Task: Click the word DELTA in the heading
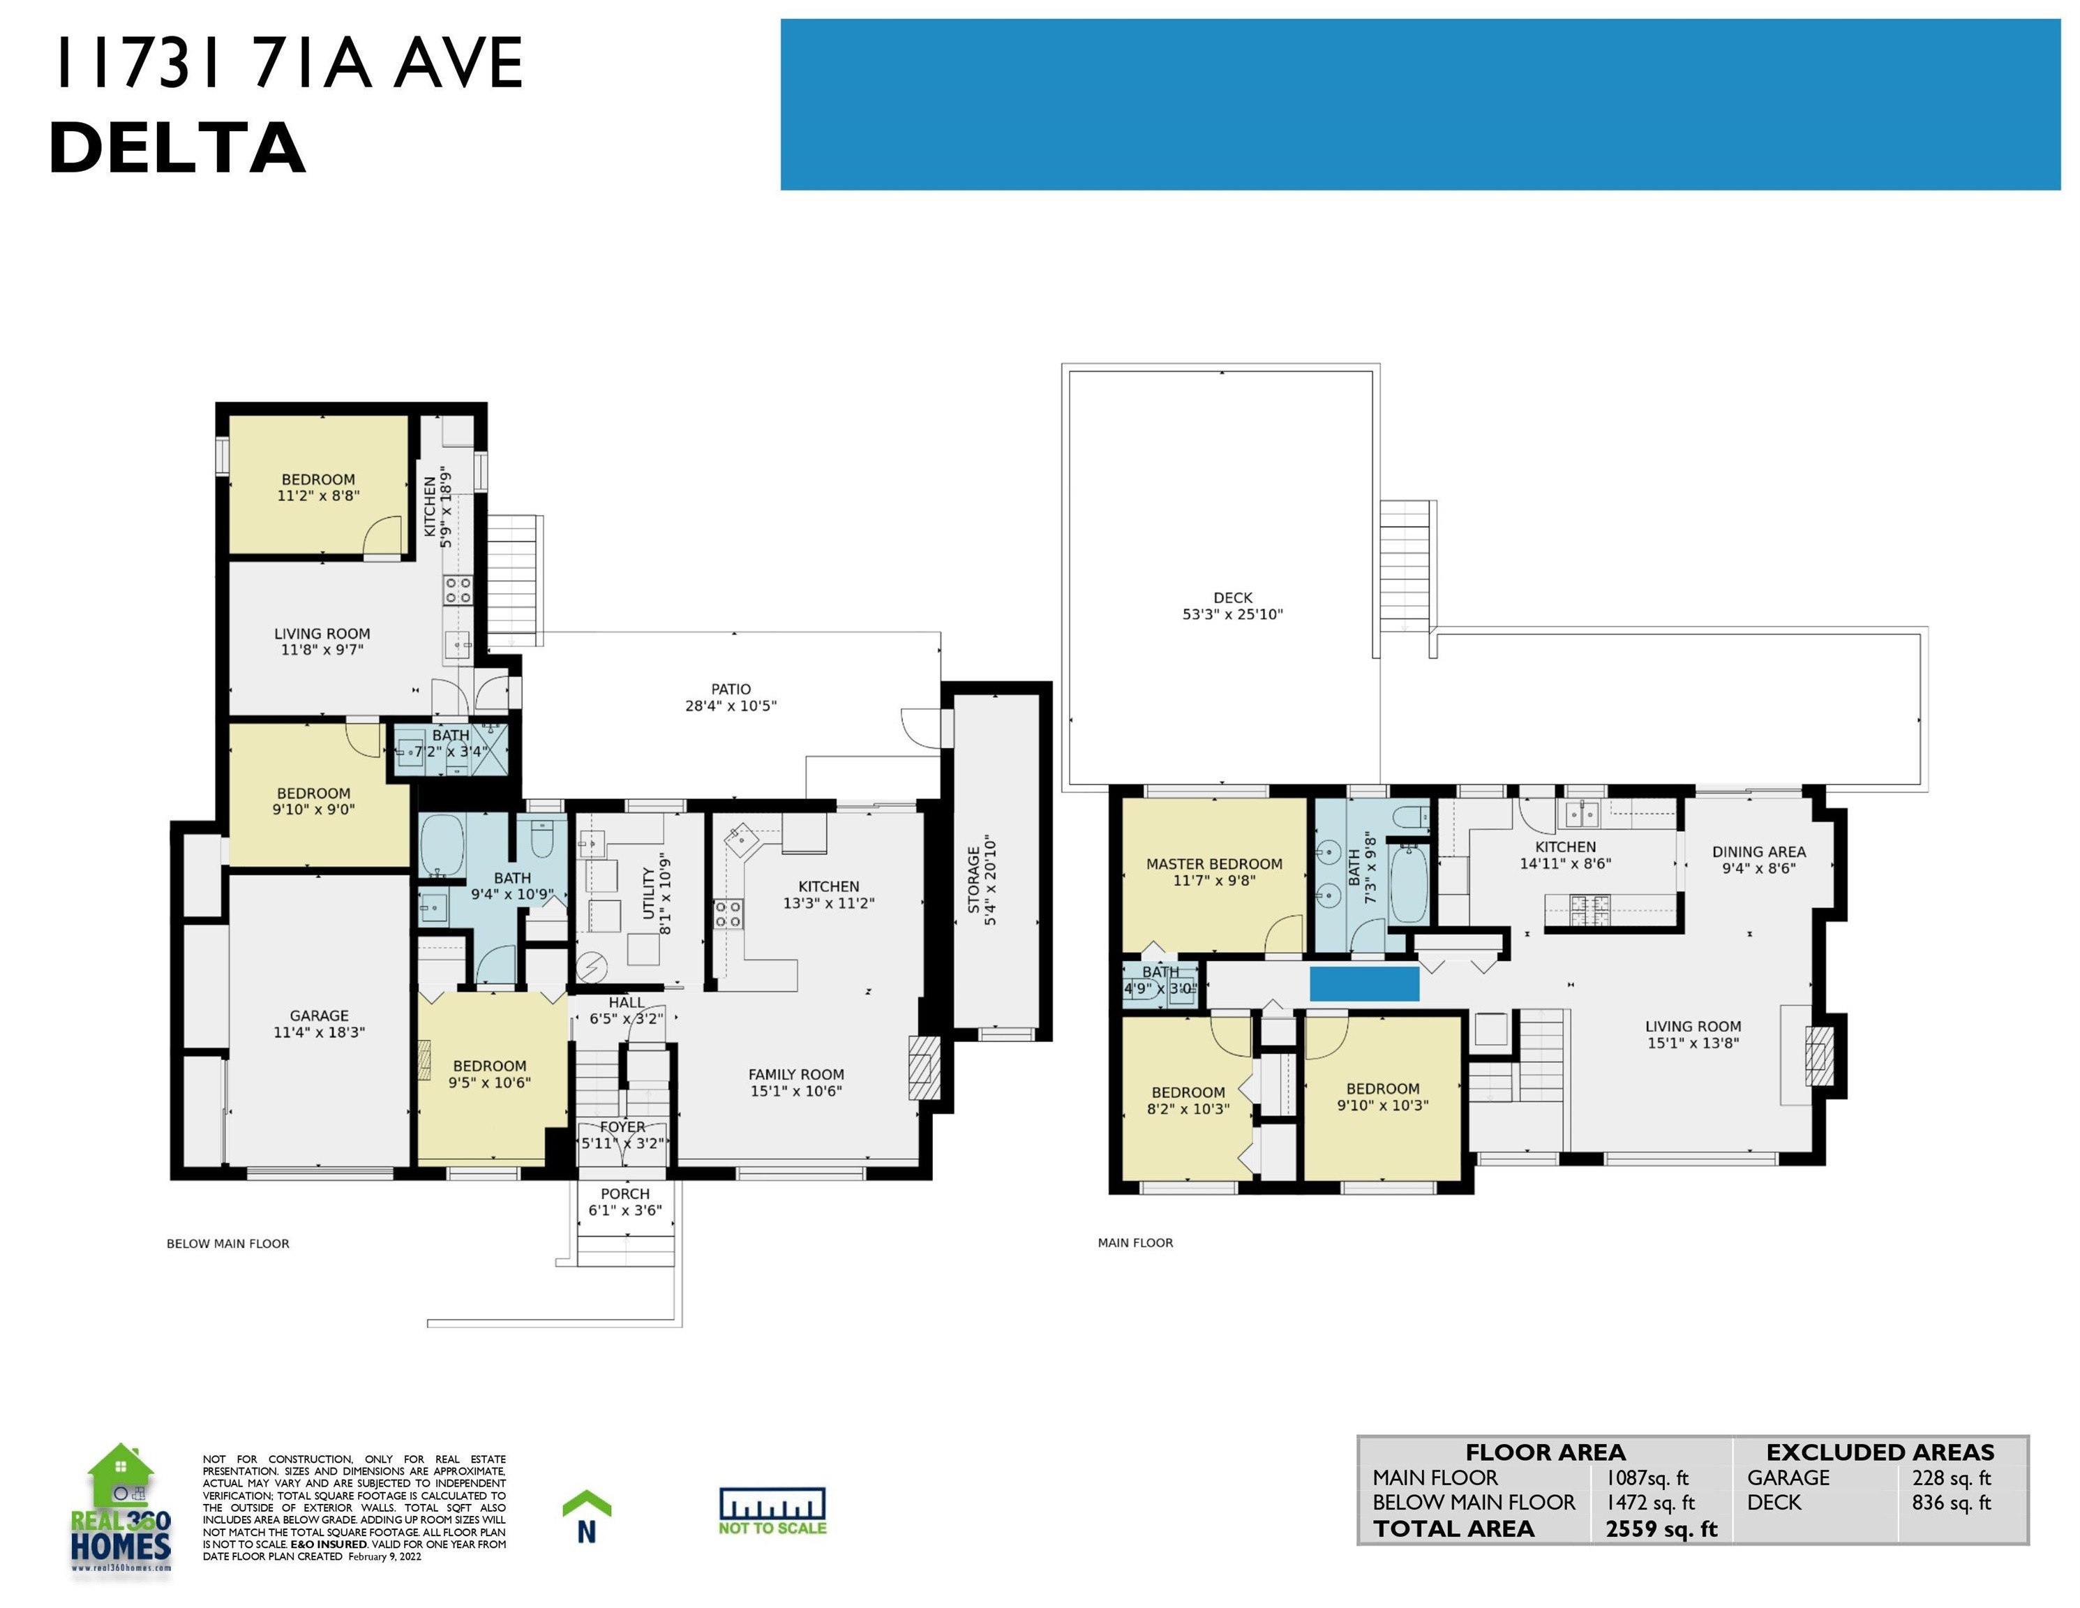(x=177, y=148)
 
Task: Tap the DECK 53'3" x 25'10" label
(x=1232, y=606)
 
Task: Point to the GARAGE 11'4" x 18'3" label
(x=319, y=1024)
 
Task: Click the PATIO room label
(x=731, y=689)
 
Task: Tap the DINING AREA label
(x=1759, y=851)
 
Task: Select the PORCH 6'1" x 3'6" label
(x=624, y=1203)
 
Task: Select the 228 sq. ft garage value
(x=1952, y=1478)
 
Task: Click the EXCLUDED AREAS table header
(x=1880, y=1453)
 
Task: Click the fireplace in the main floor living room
(x=1820, y=1055)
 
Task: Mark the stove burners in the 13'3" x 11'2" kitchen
(x=728, y=914)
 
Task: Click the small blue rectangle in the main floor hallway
(x=1365, y=984)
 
